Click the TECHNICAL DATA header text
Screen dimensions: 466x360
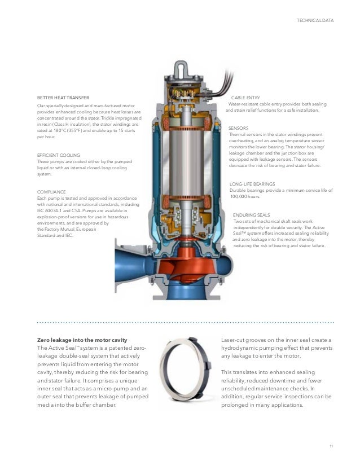click(315, 21)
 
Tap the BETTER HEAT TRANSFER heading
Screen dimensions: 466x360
click(63, 98)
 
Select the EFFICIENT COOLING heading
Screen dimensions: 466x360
click(58, 155)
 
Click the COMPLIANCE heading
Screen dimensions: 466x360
click(51, 192)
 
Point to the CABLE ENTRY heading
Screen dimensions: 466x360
click(245, 98)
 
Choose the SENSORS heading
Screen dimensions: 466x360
click(238, 128)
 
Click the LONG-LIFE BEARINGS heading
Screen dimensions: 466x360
click(252, 184)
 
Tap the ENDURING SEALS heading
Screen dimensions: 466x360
click(251, 215)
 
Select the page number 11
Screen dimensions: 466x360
click(331, 446)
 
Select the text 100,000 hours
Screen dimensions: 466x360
click(245, 197)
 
